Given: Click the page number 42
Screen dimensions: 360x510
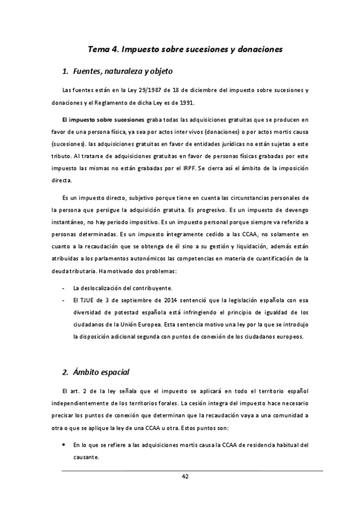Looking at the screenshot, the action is click(x=185, y=476).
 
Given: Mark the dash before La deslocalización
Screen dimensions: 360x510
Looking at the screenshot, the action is click(x=63, y=288).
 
